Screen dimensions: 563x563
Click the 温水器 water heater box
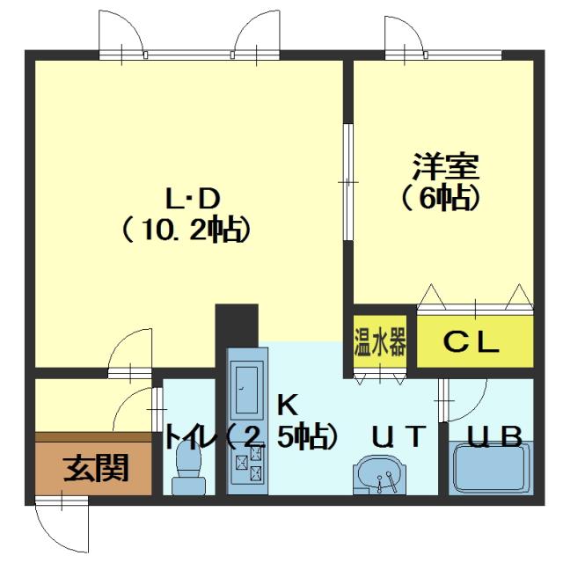point(380,341)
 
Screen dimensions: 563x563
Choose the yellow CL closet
point(474,341)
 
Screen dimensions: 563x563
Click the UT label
point(398,435)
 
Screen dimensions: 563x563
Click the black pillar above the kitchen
point(237,325)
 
